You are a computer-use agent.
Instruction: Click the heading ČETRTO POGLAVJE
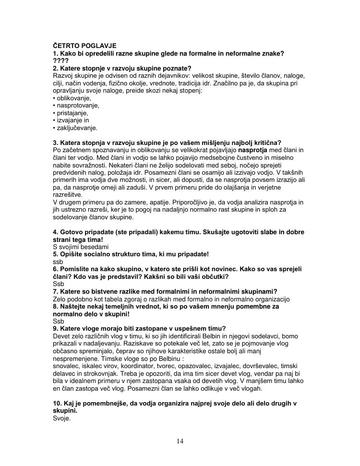84,46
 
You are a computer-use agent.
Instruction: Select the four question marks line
60,61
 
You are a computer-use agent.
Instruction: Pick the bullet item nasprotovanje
78,106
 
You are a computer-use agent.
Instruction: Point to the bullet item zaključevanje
77,128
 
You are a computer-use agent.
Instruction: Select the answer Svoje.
61,418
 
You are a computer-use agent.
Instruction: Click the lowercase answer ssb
58,262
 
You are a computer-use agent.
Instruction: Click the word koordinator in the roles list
133,366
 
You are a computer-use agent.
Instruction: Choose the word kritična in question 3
267,143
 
